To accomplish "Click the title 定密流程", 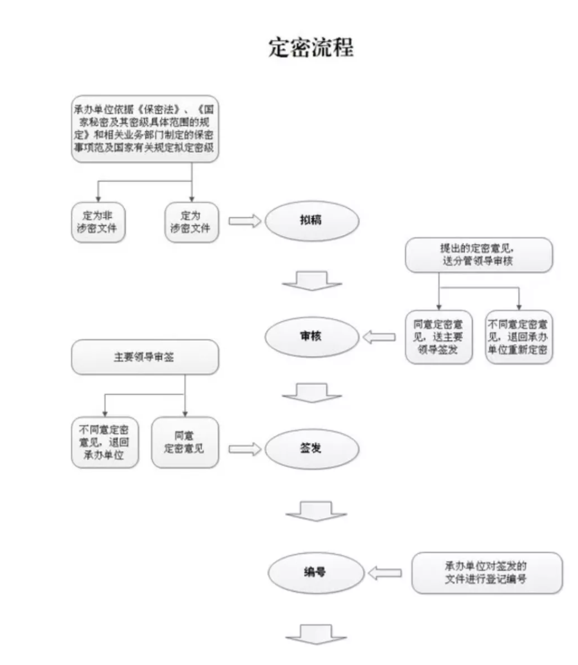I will tap(311, 47).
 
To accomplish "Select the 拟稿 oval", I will tap(312, 221).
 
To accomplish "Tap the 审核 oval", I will tap(312, 337).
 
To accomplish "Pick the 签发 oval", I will tap(312, 448).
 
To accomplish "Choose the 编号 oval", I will tap(316, 573).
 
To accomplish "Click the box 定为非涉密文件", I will tap(98, 222).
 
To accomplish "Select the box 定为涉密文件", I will tap(190, 222).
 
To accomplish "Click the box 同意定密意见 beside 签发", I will tap(185, 443).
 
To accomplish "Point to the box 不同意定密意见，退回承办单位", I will tap(104, 443).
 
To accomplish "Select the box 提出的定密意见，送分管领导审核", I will tap(478, 255).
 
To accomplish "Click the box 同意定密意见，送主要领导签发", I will tap(439, 337).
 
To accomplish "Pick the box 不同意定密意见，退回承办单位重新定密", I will tap(519, 337).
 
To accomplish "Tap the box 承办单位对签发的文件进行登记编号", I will tap(487, 572).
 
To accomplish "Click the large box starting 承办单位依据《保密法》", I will tap(145, 128).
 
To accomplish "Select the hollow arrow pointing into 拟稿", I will tap(244, 221).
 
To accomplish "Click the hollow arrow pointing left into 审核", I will tap(379, 338).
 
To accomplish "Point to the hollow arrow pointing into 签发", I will tap(244, 449).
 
